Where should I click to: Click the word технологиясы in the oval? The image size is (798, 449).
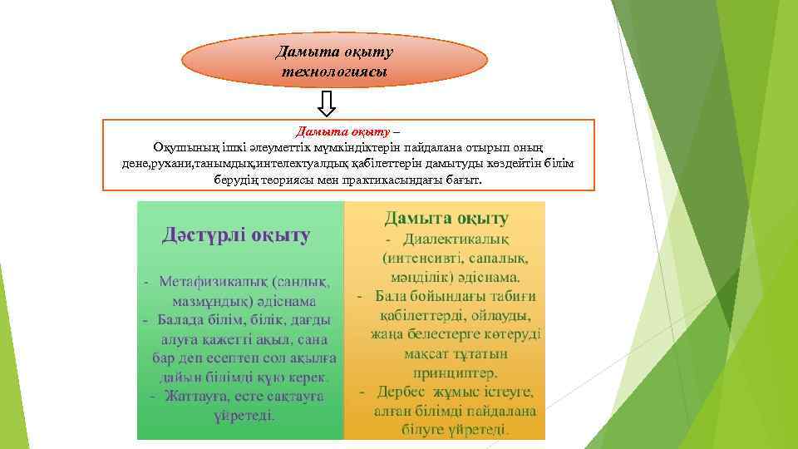pyautogui.click(x=334, y=72)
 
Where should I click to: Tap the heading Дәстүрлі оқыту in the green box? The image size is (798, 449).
pyautogui.click(x=236, y=235)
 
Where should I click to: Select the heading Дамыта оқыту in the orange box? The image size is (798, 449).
pyautogui.click(x=446, y=219)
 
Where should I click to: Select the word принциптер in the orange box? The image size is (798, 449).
pyautogui.click(x=446, y=372)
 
